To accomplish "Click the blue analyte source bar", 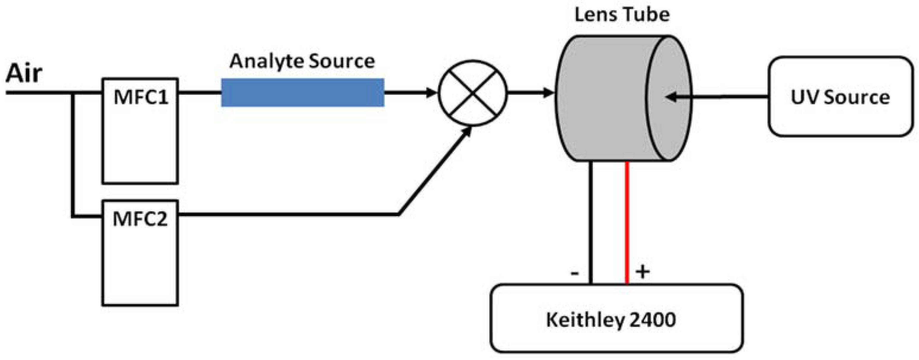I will click(302, 93).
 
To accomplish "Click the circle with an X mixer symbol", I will click(472, 93).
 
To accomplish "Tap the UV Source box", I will click(840, 97).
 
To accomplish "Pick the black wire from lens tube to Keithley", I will click(590, 221).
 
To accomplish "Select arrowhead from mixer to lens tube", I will click(548, 93).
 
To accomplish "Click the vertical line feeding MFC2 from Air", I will click(73, 153).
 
